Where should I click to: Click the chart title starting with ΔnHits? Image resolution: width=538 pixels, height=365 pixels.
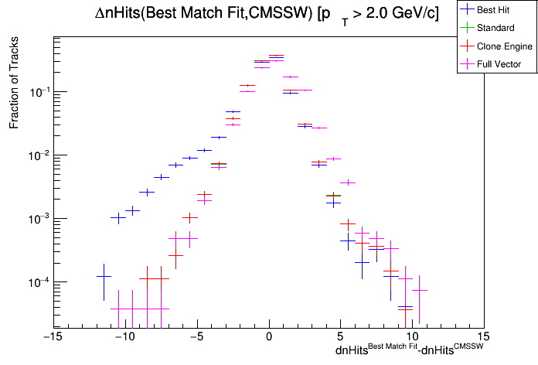[x=271, y=13]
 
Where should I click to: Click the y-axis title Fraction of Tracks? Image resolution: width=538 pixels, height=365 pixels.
[x=13, y=91]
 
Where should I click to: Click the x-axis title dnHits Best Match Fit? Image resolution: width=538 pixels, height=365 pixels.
[x=409, y=350]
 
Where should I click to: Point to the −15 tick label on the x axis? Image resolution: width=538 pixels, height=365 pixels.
[x=52, y=337]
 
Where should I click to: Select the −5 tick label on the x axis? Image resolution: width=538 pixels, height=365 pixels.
[x=196, y=337]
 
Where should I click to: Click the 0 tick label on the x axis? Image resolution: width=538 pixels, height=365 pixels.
[x=269, y=337]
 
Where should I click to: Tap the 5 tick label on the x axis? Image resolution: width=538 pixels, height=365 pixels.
[x=341, y=337]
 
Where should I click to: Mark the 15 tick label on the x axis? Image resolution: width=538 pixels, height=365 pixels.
[x=485, y=337]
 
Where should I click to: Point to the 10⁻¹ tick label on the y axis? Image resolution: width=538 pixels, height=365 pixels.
[x=37, y=92]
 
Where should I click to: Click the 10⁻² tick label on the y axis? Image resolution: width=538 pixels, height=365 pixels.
[x=37, y=155]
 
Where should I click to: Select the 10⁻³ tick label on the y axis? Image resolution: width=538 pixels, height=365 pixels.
[x=37, y=219]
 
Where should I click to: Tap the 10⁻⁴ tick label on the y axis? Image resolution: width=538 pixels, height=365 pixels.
[x=37, y=282]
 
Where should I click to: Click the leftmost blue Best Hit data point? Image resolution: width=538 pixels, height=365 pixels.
[x=104, y=276]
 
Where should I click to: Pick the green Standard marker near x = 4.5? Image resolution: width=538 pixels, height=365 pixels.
[x=333, y=196]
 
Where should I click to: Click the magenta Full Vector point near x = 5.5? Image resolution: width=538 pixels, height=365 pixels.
[x=348, y=182]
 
